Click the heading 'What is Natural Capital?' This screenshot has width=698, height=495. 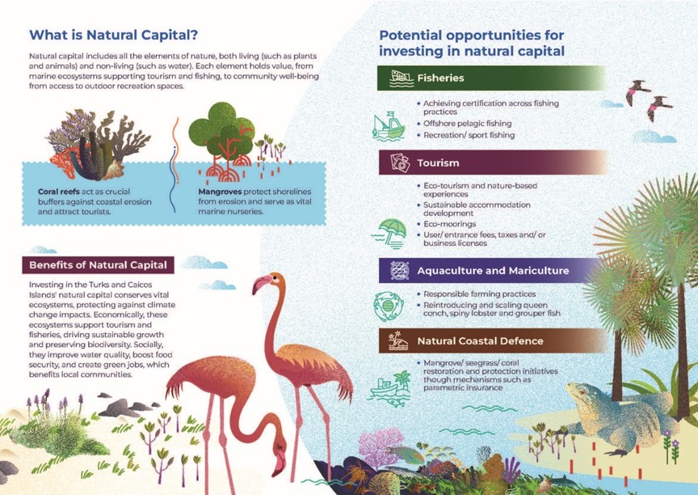(x=114, y=35)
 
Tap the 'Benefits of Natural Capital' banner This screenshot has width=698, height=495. (x=98, y=265)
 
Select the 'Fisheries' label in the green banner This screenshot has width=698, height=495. (x=441, y=78)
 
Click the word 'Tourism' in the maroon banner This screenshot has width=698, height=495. (x=438, y=163)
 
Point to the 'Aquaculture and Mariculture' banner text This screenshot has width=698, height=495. (x=493, y=271)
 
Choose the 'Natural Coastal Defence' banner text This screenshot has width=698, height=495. (x=480, y=341)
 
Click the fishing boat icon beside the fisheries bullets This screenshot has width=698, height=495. (x=389, y=126)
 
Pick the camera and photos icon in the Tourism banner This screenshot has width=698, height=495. (x=400, y=163)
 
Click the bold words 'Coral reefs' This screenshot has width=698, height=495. (x=59, y=192)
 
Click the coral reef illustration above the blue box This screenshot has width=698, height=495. (x=99, y=145)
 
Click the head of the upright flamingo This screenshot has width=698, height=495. (x=268, y=282)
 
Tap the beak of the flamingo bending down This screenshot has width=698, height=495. (x=280, y=463)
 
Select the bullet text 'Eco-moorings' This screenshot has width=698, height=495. (x=450, y=224)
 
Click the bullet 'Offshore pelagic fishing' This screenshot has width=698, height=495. (x=468, y=124)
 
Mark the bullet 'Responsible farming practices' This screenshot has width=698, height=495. (x=479, y=294)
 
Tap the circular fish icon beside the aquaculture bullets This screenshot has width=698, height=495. (x=389, y=307)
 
